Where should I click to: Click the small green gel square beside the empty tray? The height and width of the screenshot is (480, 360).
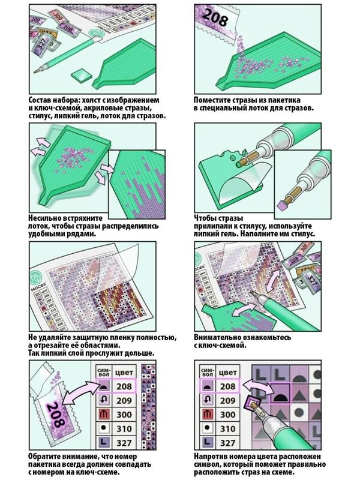point(80,75)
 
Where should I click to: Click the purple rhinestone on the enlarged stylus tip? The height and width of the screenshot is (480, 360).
point(284,206)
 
